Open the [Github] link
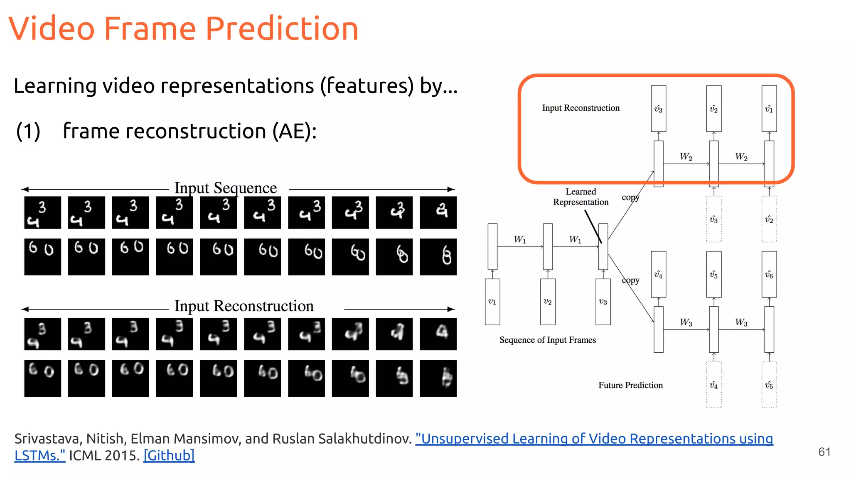[x=169, y=456]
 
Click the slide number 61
[x=824, y=452]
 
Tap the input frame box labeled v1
[x=492, y=302]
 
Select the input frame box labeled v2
[x=548, y=302]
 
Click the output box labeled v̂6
[x=769, y=274]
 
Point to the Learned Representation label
[x=580, y=197]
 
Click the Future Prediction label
[x=630, y=385]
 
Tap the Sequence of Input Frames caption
[x=547, y=340]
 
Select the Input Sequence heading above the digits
[x=225, y=188]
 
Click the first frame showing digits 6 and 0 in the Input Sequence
[x=42, y=256]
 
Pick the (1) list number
[x=28, y=131]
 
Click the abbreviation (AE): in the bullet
[x=294, y=131]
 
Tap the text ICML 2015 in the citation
[x=104, y=456]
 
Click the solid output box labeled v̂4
[x=659, y=274]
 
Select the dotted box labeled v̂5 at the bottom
[x=769, y=385]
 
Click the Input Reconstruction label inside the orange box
[x=580, y=108]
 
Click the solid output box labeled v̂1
[x=769, y=109]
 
